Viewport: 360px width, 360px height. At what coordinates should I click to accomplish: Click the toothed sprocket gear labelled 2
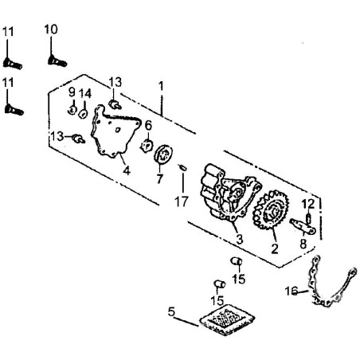click(271, 209)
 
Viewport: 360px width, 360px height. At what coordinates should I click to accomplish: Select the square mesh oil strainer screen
click(227, 320)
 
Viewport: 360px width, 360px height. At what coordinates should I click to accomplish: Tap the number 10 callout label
click(51, 29)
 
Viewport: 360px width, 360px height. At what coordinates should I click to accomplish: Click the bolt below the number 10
click(57, 61)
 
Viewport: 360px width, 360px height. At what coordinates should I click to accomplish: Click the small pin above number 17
click(182, 167)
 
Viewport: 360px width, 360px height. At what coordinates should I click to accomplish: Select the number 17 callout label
click(182, 202)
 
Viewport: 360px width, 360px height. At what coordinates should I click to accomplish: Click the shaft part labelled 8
click(303, 226)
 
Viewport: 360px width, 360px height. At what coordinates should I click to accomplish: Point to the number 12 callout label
click(308, 204)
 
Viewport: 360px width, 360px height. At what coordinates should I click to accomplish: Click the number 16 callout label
click(292, 292)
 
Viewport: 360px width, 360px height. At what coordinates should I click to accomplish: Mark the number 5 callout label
click(171, 312)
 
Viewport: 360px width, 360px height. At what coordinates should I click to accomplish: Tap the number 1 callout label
click(161, 86)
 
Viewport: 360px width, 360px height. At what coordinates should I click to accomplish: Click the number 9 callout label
click(72, 92)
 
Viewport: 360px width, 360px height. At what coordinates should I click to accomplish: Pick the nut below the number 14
click(84, 114)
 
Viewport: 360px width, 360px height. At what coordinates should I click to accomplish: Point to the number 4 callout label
click(127, 170)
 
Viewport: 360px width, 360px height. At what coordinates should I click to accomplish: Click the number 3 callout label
click(240, 239)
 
